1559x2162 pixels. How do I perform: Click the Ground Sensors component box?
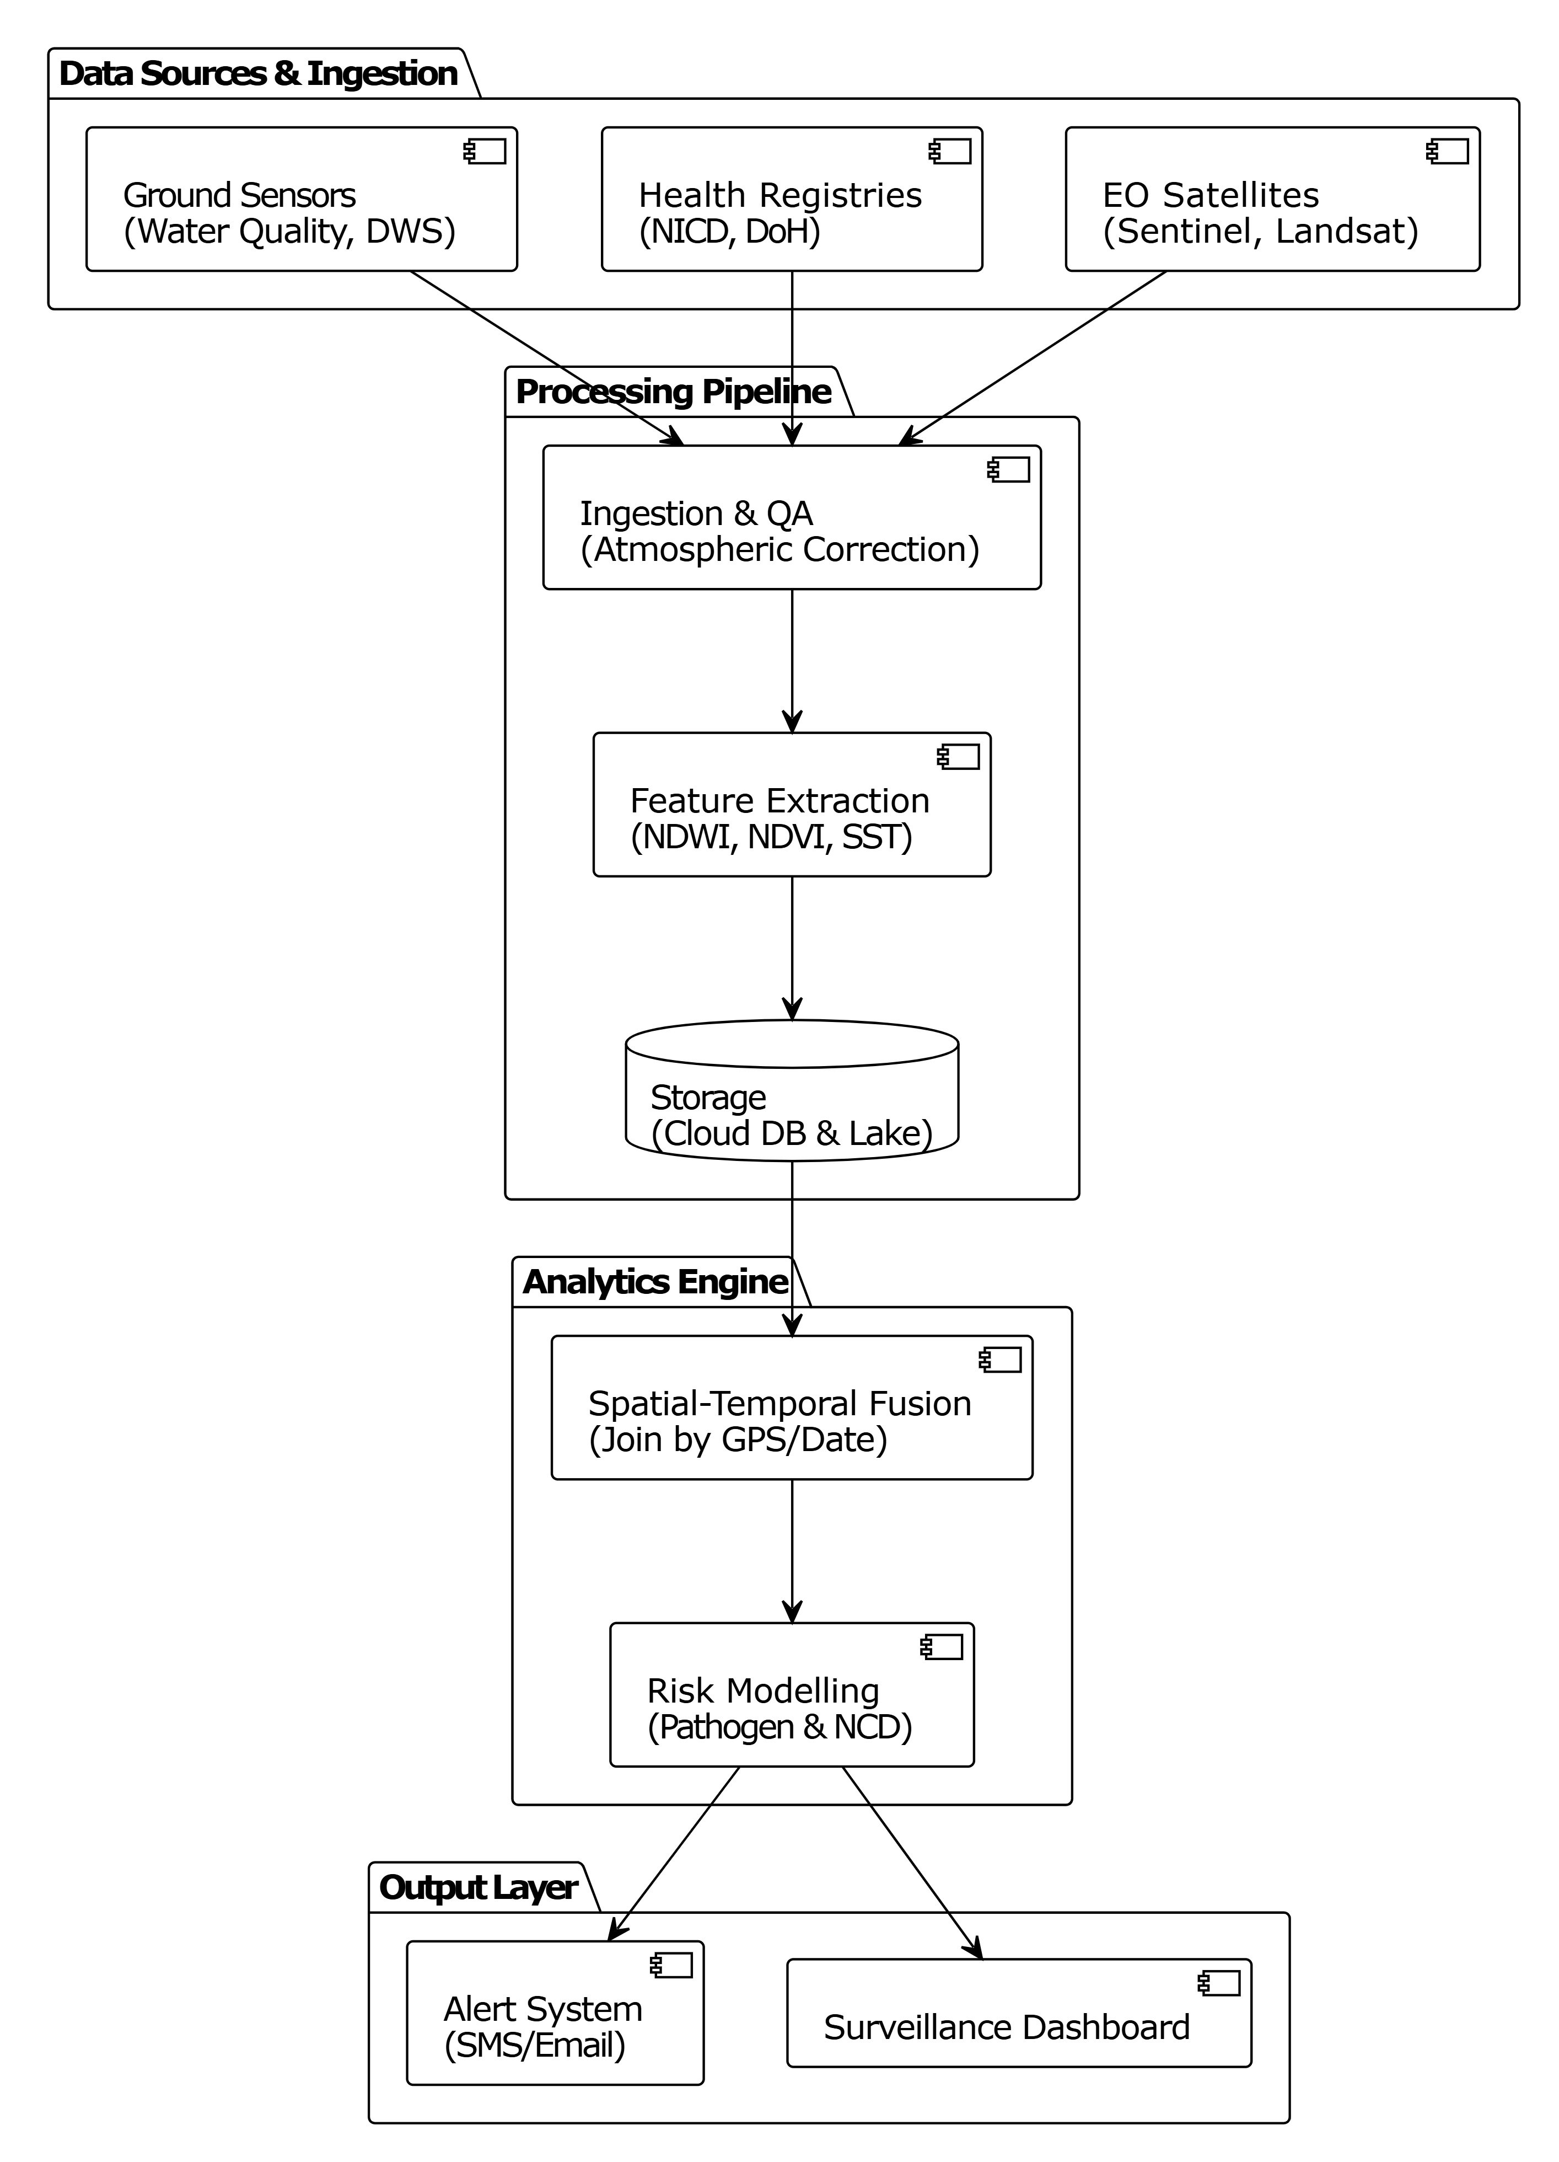[301, 199]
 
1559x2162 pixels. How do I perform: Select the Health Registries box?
[791, 199]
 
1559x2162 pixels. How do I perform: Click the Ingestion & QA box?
[791, 518]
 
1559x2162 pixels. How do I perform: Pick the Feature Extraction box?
[791, 805]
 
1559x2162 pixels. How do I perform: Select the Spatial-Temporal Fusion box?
[791, 1408]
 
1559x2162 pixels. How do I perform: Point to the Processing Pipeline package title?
[673, 392]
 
